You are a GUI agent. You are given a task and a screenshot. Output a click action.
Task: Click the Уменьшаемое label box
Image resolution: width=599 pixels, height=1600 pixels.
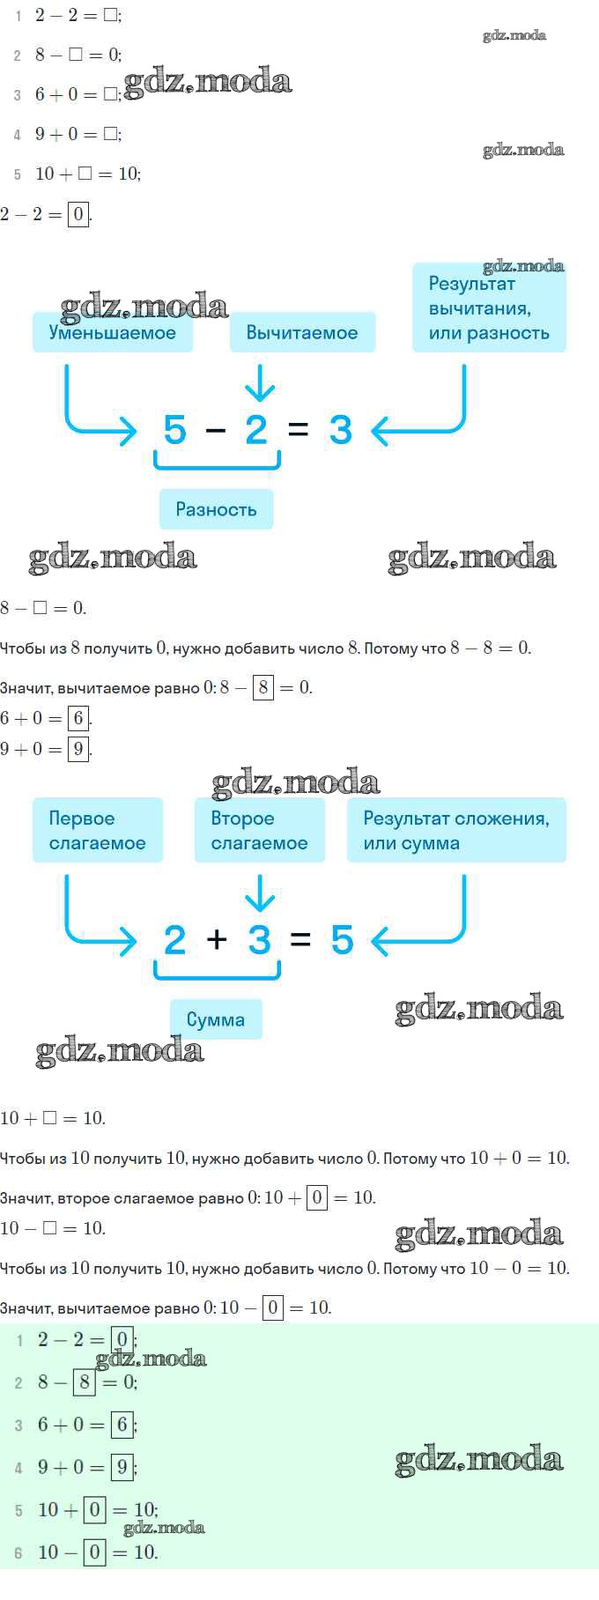point(113,332)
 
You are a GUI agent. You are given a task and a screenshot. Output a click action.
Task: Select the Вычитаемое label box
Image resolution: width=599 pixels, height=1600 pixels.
point(302,332)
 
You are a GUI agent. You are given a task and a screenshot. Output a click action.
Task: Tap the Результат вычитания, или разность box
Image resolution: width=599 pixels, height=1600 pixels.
point(489,308)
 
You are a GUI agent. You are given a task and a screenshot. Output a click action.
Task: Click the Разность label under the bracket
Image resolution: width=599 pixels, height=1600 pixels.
point(216,509)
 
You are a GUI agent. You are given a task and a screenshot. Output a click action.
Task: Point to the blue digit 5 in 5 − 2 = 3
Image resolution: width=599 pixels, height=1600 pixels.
point(175,430)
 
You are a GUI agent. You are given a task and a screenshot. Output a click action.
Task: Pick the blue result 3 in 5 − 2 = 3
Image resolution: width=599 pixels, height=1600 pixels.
point(340,430)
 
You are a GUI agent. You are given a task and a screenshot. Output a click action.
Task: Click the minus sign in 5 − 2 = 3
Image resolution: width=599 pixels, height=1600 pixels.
point(216,430)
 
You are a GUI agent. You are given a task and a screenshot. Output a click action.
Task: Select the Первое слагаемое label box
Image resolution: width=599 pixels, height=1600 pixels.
point(98,830)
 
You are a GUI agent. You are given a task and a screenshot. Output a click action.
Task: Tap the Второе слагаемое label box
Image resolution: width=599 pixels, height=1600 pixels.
point(260,830)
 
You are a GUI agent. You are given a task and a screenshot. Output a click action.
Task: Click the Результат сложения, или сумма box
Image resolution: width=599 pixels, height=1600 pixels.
point(456,830)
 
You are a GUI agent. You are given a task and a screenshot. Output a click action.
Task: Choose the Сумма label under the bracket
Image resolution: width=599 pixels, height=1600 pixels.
point(216,1019)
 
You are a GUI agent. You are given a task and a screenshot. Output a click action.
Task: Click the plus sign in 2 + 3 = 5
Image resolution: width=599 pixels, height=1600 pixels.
point(217,939)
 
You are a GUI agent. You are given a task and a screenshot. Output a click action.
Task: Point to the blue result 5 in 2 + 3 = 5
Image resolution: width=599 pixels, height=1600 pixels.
point(342,940)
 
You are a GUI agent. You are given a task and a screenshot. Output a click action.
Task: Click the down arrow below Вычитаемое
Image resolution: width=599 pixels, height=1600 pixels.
point(259,383)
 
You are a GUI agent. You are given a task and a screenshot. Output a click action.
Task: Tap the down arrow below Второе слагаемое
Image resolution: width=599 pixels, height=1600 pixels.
point(259,893)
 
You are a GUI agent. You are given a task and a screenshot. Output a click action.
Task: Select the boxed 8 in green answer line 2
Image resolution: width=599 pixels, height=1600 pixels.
point(85,1381)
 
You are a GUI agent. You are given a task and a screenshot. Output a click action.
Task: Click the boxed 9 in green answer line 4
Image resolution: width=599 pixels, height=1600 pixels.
point(122,1467)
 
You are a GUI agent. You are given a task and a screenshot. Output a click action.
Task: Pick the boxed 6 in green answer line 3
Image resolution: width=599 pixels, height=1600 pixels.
point(122,1424)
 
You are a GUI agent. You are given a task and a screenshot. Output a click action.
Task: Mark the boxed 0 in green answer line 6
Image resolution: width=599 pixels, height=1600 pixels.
point(95,1552)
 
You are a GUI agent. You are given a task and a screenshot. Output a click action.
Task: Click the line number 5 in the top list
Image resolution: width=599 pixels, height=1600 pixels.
point(18,174)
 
